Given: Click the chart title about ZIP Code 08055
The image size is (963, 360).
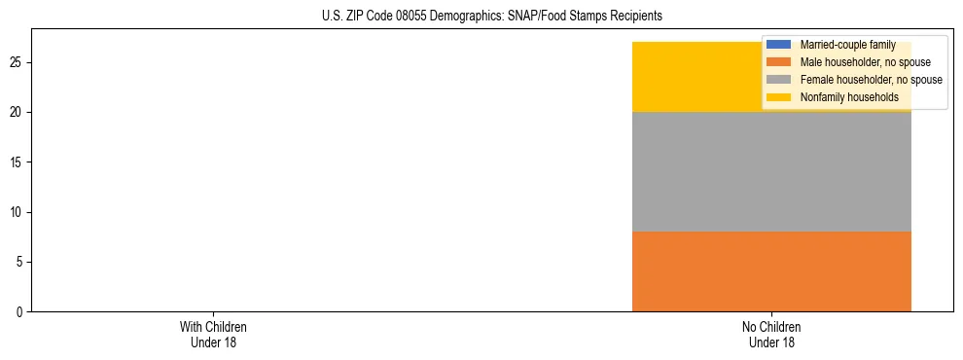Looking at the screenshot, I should [x=491, y=17].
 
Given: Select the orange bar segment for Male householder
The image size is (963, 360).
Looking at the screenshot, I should [x=771, y=271].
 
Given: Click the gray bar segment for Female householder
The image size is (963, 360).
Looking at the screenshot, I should [x=771, y=172].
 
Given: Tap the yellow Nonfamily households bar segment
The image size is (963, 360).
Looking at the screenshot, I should [x=700, y=77].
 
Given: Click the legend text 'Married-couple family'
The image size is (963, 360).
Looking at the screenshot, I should [x=847, y=45].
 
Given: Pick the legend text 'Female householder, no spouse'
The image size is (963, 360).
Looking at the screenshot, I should [x=871, y=80].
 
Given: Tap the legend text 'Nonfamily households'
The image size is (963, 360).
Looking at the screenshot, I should [x=842, y=97].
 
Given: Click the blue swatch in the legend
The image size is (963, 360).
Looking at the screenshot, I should [x=779, y=45].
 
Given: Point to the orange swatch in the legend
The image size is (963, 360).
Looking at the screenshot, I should [x=779, y=62].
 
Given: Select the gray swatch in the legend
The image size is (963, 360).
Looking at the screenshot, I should [x=779, y=80].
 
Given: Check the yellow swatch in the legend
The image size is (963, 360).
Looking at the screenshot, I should [x=779, y=97].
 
